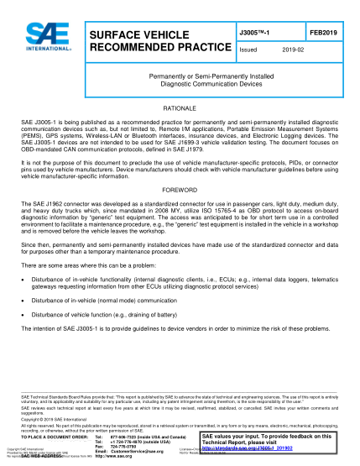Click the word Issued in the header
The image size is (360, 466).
click(251, 50)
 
